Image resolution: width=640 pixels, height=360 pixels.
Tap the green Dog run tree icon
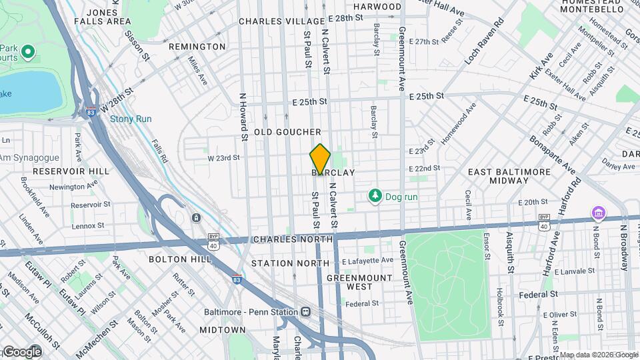pos(376,196)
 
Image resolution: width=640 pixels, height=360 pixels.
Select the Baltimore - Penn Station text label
pos(251,311)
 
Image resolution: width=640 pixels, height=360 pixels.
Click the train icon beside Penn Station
pos(305,311)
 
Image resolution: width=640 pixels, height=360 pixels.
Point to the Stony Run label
pos(131,119)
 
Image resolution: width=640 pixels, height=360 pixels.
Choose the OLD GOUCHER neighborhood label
pos(293,132)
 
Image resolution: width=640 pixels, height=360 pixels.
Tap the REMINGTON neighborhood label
pos(197,47)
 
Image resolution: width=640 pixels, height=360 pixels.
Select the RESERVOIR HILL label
pos(71,171)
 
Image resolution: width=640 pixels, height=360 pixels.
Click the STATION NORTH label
pos(290,263)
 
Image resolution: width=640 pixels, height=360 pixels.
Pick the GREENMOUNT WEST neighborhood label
pos(369,281)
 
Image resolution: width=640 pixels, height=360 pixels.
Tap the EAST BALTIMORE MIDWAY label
pos(509,176)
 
